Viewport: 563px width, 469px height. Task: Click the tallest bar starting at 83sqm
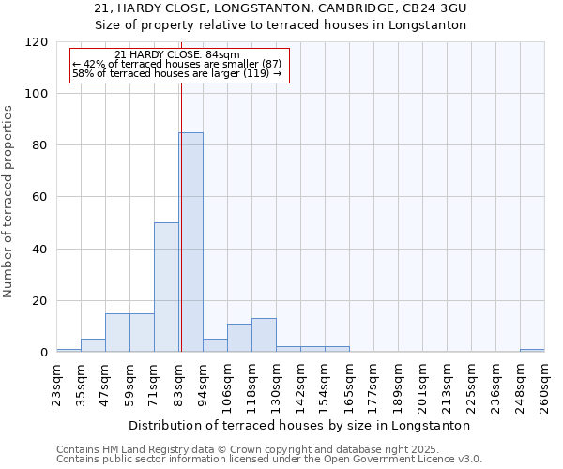[190, 242]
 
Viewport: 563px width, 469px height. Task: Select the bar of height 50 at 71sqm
[166, 287]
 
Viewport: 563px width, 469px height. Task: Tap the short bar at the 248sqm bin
[532, 351]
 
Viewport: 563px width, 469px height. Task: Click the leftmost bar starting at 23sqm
[68, 351]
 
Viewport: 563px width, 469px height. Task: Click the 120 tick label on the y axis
[37, 42]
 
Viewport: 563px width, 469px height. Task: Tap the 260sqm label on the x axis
[545, 386]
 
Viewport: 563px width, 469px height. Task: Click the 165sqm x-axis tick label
[350, 386]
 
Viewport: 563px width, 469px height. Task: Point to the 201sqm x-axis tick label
[423, 386]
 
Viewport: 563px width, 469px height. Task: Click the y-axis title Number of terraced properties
[8, 202]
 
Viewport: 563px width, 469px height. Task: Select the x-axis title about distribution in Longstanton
[300, 425]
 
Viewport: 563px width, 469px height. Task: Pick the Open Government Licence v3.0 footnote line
[269, 459]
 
